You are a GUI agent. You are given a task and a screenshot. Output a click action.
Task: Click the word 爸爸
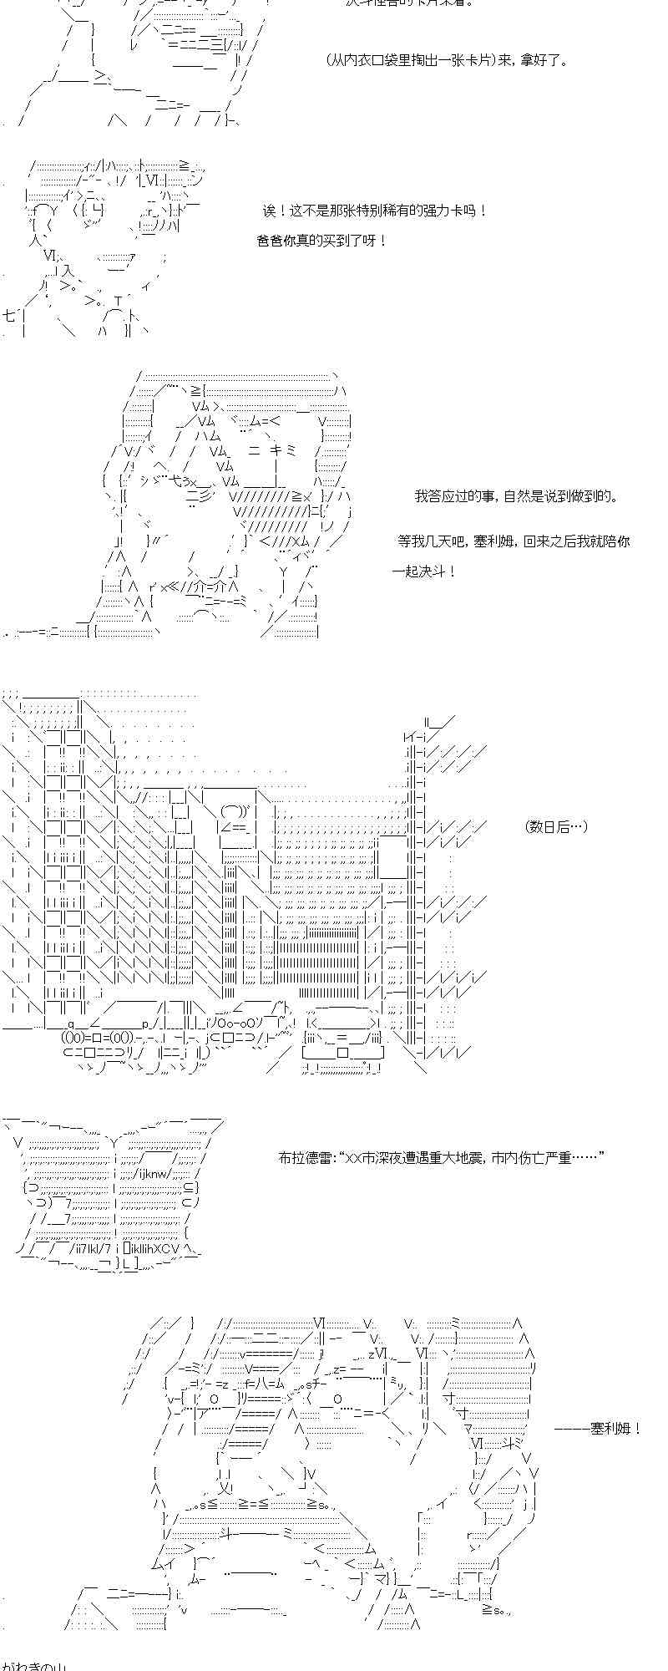tap(271, 241)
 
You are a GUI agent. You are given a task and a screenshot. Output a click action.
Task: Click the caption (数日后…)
tap(557, 826)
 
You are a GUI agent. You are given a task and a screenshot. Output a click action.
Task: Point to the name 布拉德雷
tap(306, 1158)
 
